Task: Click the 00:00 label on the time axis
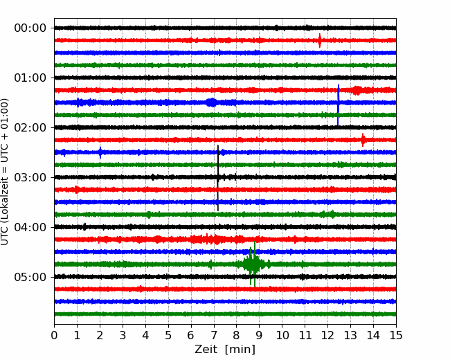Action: [30, 28]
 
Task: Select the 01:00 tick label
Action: [30, 78]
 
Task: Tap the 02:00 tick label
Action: [30, 127]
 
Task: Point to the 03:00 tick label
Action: [30, 177]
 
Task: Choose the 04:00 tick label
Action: [30, 227]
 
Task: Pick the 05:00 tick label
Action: [30, 277]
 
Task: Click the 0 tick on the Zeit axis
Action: [54, 335]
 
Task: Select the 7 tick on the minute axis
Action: [214, 335]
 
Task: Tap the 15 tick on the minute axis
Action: [396, 335]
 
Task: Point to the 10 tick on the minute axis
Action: [282, 335]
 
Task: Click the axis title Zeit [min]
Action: [225, 350]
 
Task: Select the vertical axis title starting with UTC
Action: [5, 172]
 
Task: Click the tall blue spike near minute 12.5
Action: [338, 105]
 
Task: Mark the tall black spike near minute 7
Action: [218, 178]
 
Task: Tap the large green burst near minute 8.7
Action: [253, 264]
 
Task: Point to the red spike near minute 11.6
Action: [320, 40]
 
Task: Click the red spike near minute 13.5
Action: [363, 140]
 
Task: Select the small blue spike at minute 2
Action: [100, 152]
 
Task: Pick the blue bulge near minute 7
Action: [212, 102]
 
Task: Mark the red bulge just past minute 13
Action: [357, 90]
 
